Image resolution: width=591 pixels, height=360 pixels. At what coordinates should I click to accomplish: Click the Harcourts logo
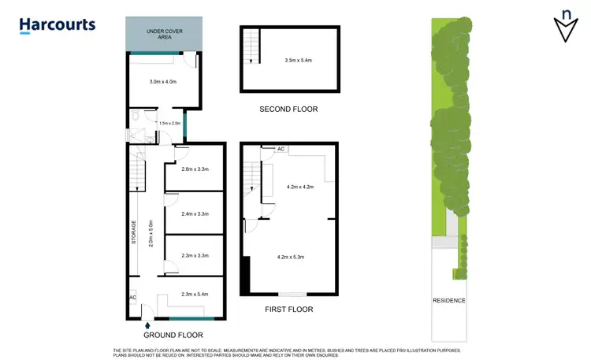tap(57, 24)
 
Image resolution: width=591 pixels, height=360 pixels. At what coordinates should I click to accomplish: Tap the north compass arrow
tap(565, 25)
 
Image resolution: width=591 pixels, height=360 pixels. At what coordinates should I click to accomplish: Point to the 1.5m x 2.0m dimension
tap(169, 123)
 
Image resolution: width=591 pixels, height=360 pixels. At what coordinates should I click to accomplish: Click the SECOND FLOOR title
tap(288, 109)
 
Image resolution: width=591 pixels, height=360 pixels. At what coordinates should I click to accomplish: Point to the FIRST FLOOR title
tap(288, 310)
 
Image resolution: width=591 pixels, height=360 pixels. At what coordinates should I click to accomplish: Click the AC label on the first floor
tap(281, 148)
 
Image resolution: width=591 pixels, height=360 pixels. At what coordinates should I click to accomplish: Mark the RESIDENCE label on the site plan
tap(449, 300)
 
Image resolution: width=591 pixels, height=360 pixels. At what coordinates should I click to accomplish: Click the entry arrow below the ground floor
tap(148, 324)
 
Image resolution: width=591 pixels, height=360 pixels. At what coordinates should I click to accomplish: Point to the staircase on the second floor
tap(251, 45)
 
